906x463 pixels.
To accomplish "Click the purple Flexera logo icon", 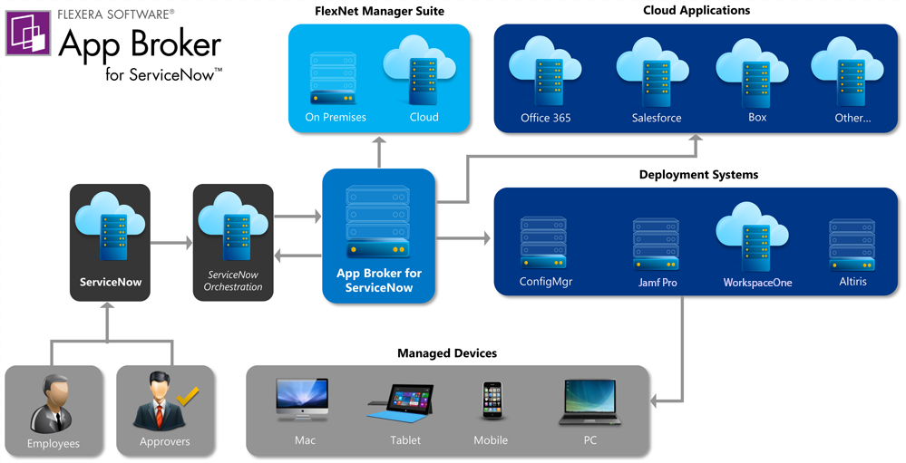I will pyautogui.click(x=28, y=34).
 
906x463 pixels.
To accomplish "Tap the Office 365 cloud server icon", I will pyautogui.click(x=545, y=75).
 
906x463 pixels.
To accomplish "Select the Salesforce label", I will pyautogui.click(x=656, y=118).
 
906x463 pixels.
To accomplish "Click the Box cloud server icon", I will pyautogui.click(x=755, y=75).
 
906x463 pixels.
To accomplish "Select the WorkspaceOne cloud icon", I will pyautogui.click(x=756, y=239).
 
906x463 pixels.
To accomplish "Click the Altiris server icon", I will pyautogui.click(x=852, y=243).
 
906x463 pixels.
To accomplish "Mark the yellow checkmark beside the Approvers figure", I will pyautogui.click(x=188, y=395).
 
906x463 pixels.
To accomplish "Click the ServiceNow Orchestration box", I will pyautogui.click(x=233, y=242).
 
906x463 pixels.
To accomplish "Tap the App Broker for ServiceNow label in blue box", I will pyautogui.click(x=378, y=280).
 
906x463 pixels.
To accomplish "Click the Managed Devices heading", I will pyautogui.click(x=448, y=353).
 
